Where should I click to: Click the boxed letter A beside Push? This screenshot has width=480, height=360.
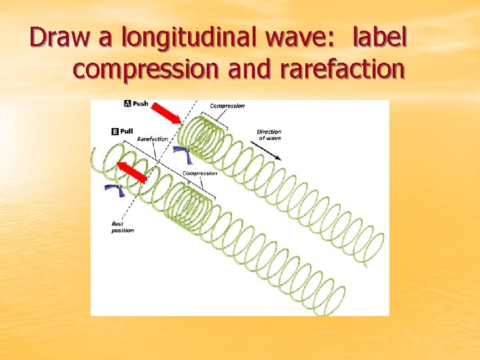(128, 104)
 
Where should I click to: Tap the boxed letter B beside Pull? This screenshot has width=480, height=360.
(115, 131)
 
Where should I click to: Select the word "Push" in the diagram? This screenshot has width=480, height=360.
(141, 104)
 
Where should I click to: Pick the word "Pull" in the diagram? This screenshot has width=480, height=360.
(126, 131)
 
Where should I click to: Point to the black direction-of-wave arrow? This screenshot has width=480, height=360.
(273, 150)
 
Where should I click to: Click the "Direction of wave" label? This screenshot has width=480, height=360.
(269, 135)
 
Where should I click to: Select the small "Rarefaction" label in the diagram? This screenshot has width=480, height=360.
(153, 139)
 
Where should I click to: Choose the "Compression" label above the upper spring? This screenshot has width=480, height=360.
(227, 105)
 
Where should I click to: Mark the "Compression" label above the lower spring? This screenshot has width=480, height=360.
(200, 173)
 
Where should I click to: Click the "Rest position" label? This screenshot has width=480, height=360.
(123, 227)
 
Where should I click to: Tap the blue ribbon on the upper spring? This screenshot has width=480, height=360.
(185, 155)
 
